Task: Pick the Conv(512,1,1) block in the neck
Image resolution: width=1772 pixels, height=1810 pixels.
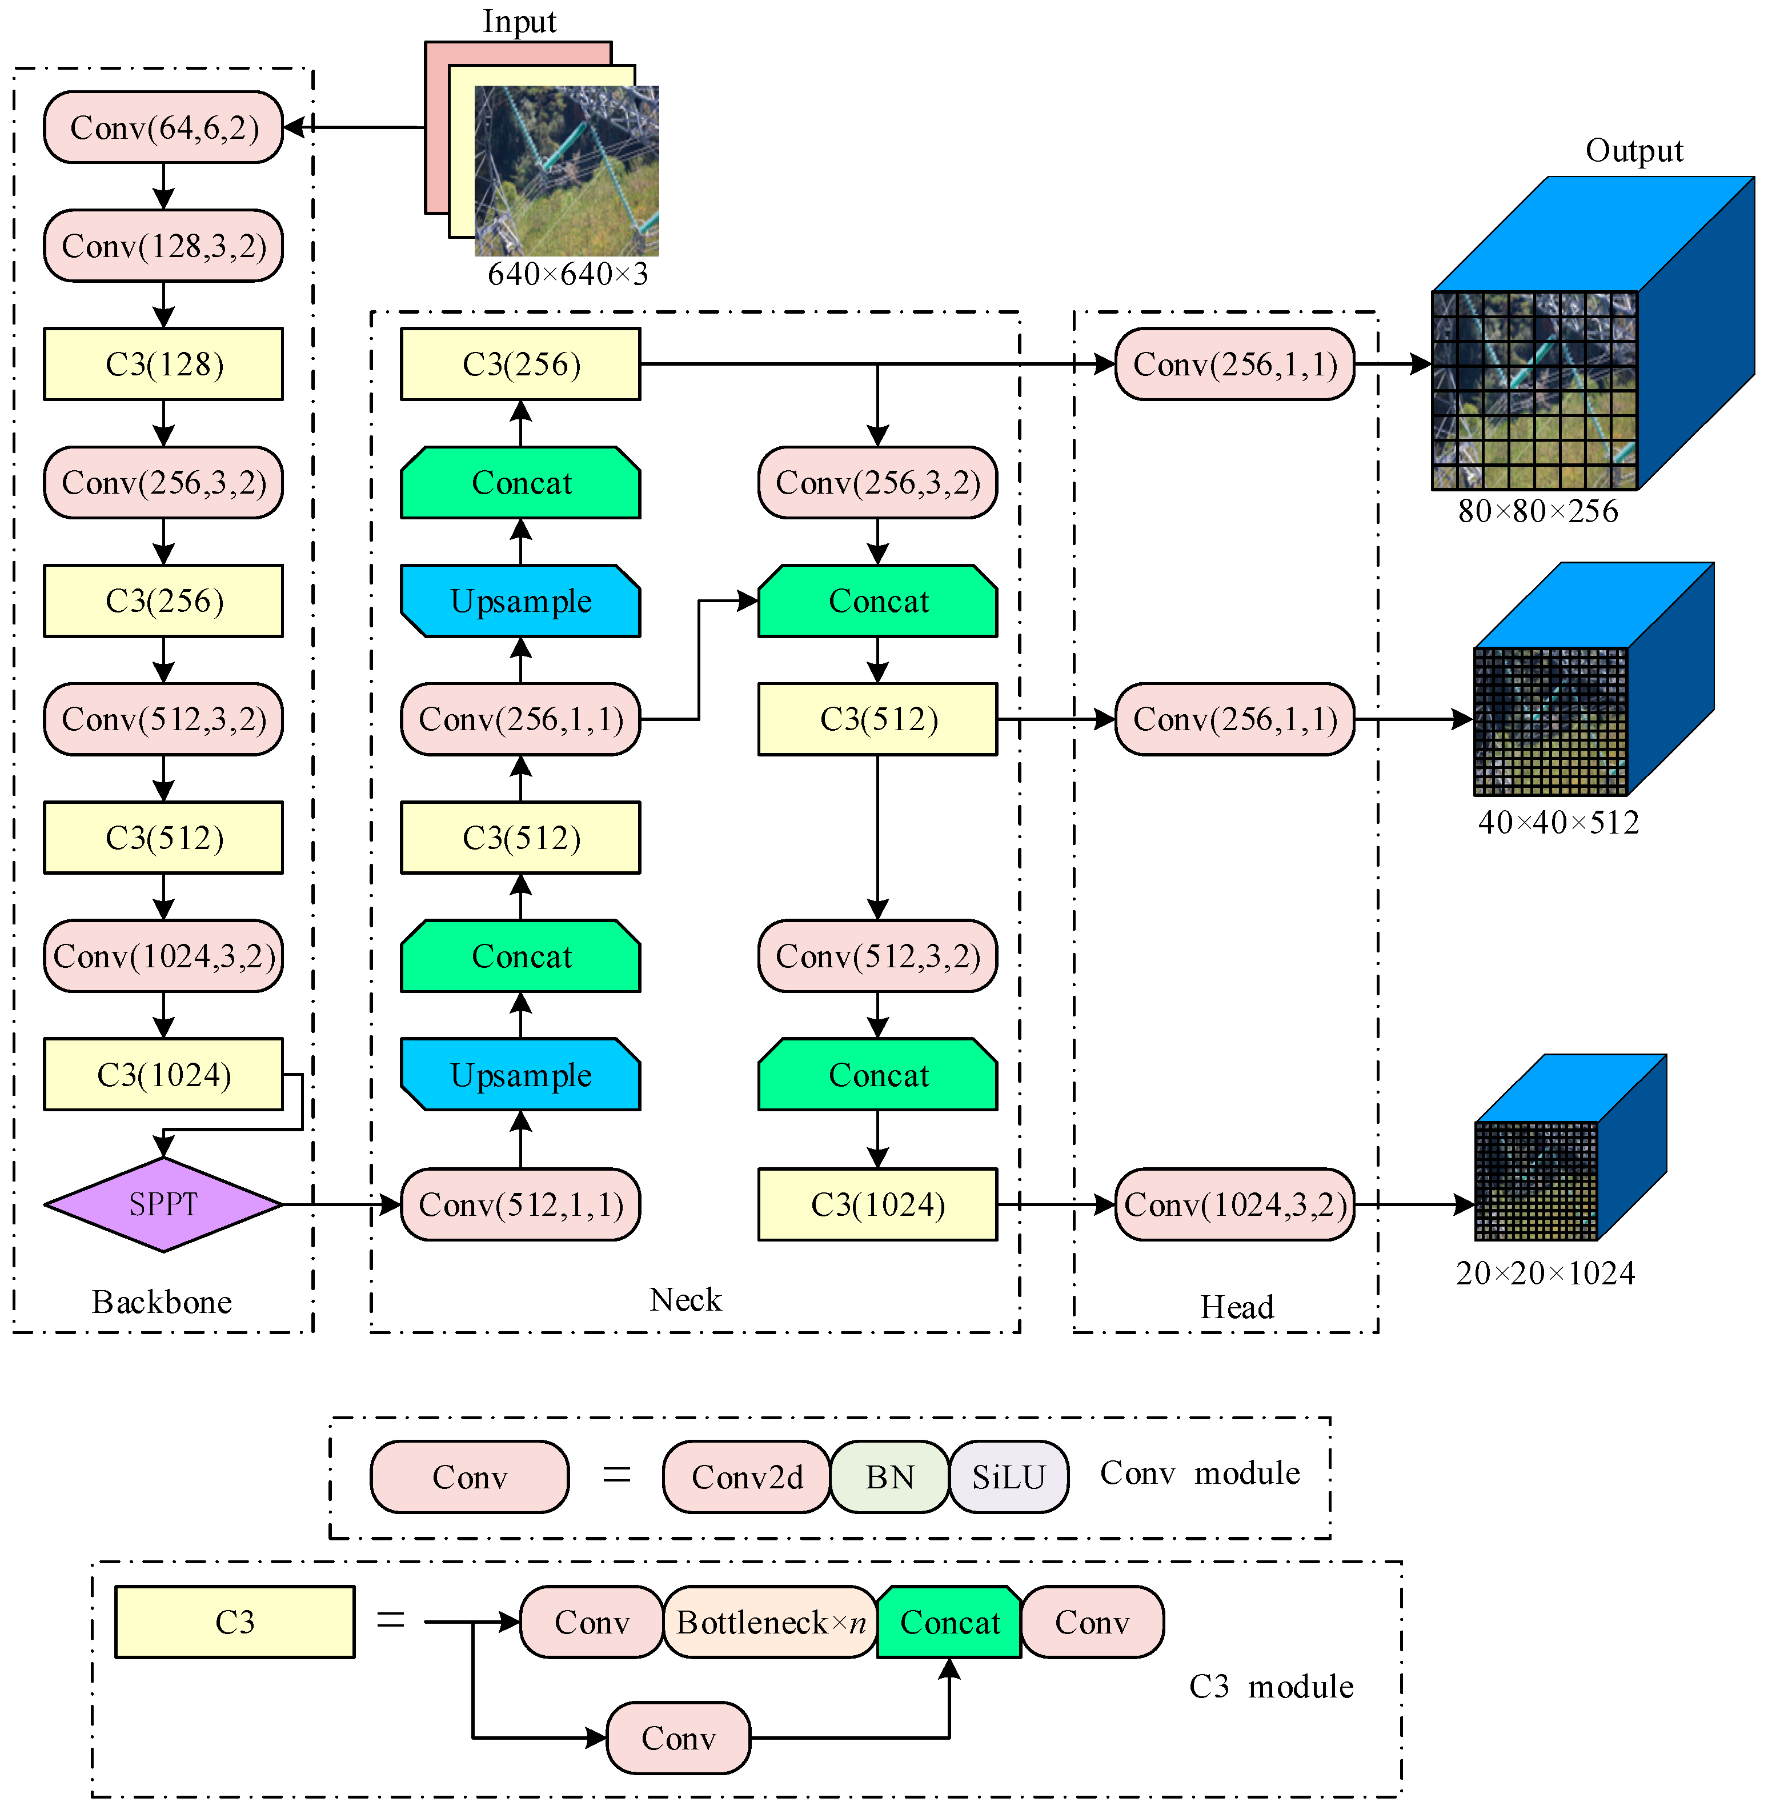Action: click(520, 1204)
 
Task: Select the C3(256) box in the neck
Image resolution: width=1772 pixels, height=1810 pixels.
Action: click(520, 364)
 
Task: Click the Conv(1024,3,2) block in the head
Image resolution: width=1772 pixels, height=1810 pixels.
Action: click(1235, 1204)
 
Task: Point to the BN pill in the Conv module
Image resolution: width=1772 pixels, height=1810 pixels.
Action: click(890, 1477)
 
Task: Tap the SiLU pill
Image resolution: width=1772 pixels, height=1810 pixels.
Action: click(1009, 1477)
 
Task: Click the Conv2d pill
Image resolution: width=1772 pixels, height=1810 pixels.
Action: click(747, 1477)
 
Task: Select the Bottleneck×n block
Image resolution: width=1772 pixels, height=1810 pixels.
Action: click(771, 1622)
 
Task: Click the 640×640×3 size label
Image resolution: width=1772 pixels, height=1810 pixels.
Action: click(568, 274)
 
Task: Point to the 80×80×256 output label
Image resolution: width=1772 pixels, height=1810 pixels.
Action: click(1537, 511)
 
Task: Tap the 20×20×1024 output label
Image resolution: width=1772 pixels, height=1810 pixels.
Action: click(1545, 1272)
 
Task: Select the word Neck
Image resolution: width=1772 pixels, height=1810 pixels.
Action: click(685, 1299)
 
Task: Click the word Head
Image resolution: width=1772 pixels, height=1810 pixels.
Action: click(1236, 1307)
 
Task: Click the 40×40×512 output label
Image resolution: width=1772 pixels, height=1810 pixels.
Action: click(1558, 822)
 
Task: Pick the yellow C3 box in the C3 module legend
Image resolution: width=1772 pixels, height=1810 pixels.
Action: click(235, 1622)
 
